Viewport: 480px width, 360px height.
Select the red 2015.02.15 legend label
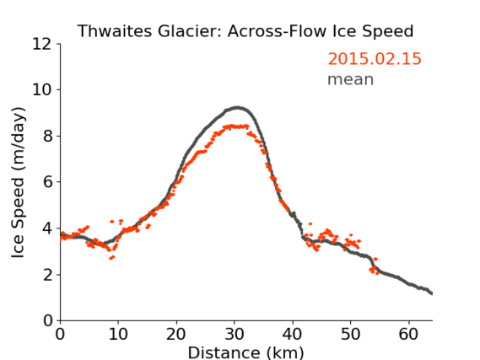[375, 59]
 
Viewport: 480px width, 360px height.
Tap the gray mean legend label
[351, 79]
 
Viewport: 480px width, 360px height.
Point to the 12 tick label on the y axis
[42, 45]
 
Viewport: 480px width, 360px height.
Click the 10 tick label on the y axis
[42, 90]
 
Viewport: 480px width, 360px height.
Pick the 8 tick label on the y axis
[47, 136]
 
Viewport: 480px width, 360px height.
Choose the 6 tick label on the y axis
[47, 182]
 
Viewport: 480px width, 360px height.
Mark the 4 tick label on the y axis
[47, 228]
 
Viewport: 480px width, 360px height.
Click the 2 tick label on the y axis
[47, 275]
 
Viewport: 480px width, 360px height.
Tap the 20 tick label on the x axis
[176, 335]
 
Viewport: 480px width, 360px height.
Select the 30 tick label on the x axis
[235, 335]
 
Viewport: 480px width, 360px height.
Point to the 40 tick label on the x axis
[293, 335]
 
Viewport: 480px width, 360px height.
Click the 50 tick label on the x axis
[351, 335]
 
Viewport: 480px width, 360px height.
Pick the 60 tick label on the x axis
[408, 335]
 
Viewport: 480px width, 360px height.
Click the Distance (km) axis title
[245, 352]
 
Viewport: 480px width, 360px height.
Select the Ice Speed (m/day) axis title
[18, 182]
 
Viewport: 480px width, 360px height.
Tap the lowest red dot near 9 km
[111, 259]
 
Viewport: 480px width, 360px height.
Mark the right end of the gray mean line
[431, 293]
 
